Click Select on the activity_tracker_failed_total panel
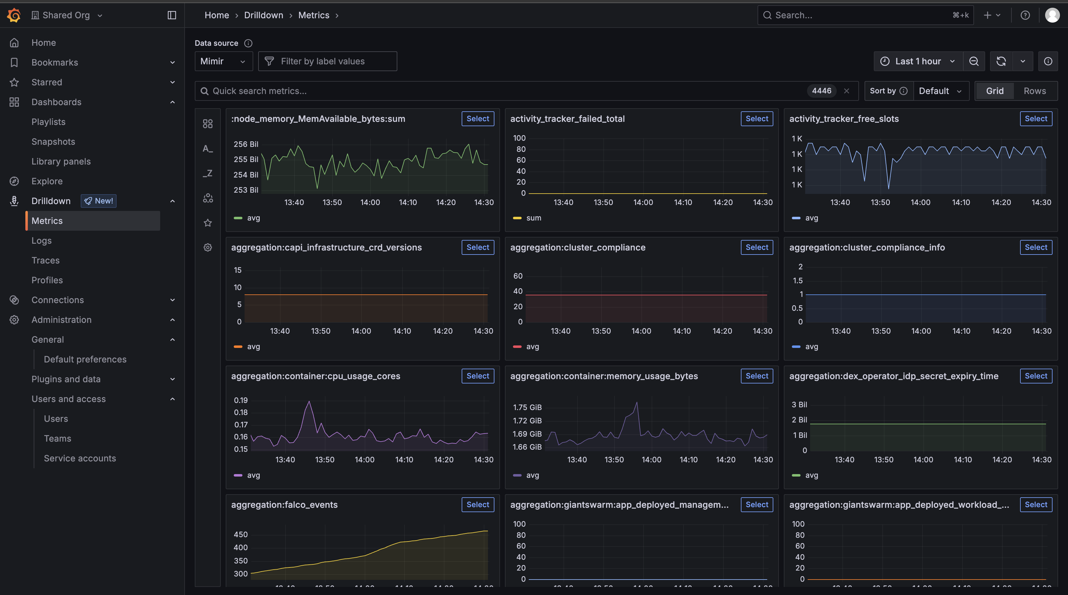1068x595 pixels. tap(757, 118)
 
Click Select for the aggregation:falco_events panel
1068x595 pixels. tap(478, 505)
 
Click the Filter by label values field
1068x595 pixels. tap(327, 61)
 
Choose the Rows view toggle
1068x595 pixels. tap(1034, 91)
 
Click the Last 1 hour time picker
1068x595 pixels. tap(917, 61)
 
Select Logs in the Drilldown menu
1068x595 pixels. tap(41, 241)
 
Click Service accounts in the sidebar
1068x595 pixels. tap(79, 458)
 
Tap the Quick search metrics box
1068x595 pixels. tap(498, 91)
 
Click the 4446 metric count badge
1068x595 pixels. tap(821, 91)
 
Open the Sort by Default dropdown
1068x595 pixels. tap(939, 91)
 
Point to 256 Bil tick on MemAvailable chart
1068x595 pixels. tap(246, 144)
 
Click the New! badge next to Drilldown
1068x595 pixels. tap(99, 201)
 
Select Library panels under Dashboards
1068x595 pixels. tap(61, 161)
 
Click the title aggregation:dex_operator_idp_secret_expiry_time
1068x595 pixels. tap(894, 376)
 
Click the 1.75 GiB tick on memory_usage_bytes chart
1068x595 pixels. tap(527, 407)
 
